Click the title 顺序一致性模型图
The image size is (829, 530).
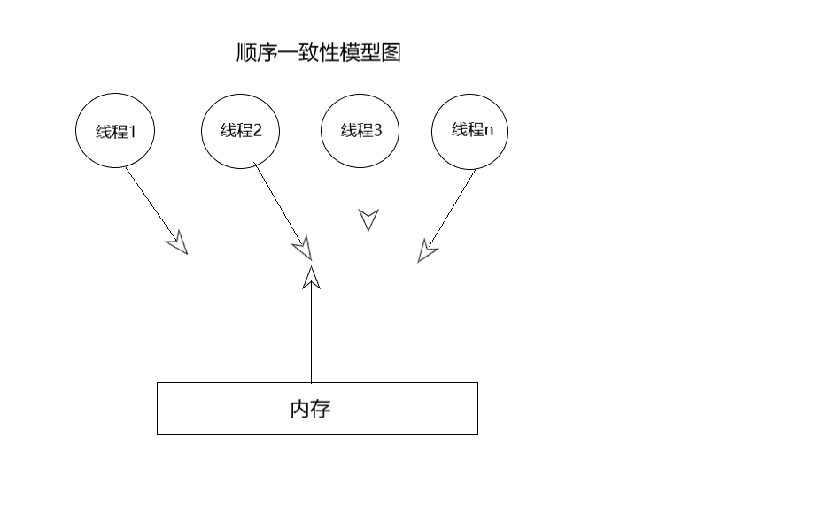319,54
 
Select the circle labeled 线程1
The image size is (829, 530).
115,132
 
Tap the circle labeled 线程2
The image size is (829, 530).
241,131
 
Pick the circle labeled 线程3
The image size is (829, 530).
360,131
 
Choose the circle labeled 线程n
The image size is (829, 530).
470,131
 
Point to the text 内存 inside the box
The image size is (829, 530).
310,409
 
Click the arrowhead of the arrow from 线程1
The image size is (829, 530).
178,242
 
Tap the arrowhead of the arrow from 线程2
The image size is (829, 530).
304,247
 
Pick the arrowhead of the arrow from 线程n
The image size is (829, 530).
427,251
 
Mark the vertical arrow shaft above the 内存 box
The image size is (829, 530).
311,336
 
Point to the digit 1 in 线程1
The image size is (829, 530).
133,132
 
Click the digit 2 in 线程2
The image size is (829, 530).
258,131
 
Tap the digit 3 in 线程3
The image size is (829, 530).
378,131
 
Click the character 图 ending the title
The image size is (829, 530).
392,54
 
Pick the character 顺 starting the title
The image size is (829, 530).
246,54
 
